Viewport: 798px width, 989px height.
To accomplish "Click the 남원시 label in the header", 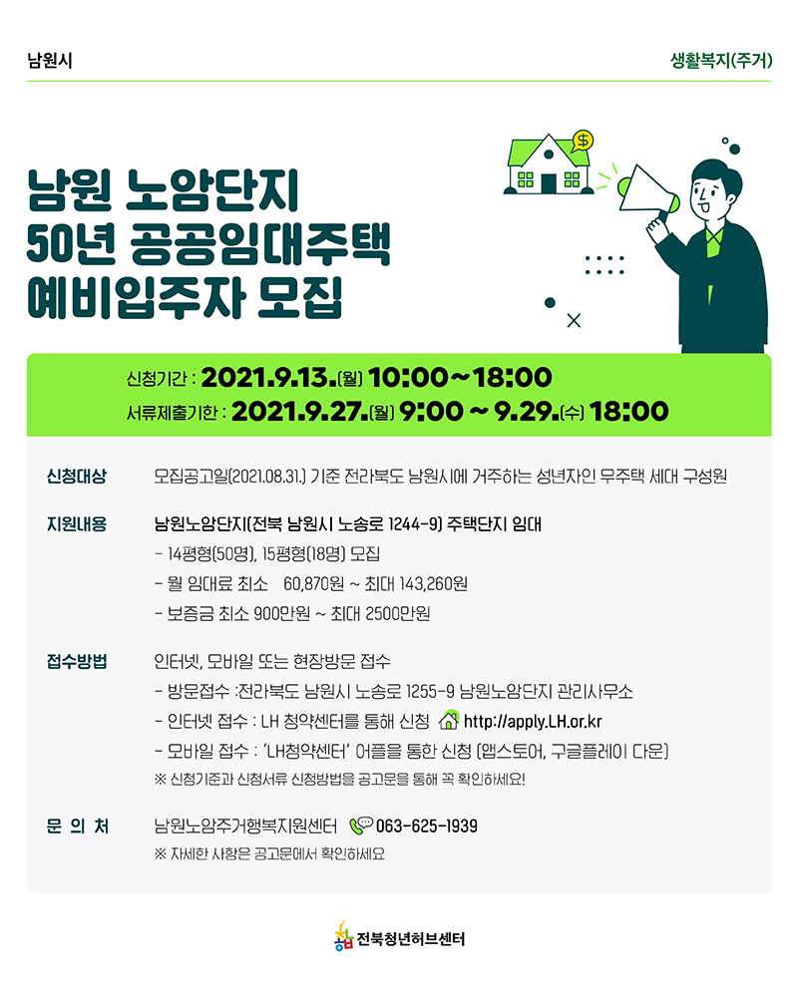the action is point(50,61).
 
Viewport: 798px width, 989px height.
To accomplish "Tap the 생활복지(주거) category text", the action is point(721,61).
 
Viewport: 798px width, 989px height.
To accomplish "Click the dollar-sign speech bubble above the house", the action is point(583,141).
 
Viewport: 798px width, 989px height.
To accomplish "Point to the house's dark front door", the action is point(549,182).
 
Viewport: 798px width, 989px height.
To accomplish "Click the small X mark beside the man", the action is point(574,321).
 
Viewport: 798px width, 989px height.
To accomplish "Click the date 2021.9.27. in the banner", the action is point(299,411).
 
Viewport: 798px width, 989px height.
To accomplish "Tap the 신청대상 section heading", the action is point(77,477).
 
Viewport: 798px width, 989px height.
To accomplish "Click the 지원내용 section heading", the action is point(77,524).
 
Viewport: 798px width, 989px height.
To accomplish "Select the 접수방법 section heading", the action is point(77,662).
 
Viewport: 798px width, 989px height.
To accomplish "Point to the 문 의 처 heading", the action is point(78,826).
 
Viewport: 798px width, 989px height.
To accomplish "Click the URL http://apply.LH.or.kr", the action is point(533,722).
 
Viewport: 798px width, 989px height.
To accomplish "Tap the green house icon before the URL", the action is point(449,720).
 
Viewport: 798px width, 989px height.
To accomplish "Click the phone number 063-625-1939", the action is point(427,826).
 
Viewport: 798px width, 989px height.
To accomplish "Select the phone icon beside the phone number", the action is point(361,825).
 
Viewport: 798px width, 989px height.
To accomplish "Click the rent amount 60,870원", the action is point(313,584).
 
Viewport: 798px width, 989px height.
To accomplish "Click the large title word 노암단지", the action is point(212,189).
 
